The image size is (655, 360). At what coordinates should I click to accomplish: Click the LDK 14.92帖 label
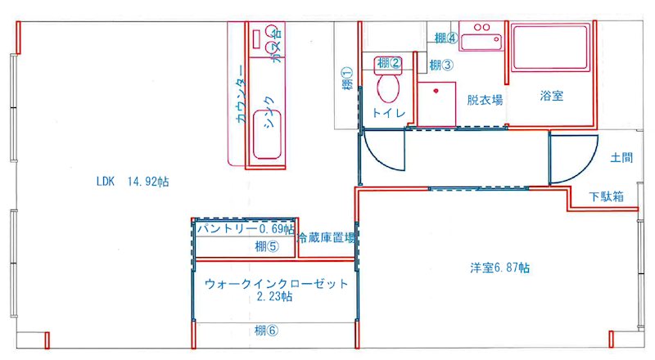[x=132, y=181]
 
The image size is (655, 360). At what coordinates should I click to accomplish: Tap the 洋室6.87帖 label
[x=499, y=268]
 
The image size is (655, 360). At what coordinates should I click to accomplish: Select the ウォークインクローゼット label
[x=276, y=284]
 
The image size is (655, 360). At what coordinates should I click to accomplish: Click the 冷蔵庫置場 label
[x=327, y=239]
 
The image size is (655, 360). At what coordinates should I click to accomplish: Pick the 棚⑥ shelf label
[x=267, y=331]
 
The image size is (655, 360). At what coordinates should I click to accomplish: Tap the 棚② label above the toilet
[x=389, y=63]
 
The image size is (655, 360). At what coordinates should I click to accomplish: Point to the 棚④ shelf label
[x=445, y=38]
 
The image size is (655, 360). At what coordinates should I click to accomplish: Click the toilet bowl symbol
[x=386, y=87]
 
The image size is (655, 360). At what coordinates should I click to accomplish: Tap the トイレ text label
[x=387, y=114]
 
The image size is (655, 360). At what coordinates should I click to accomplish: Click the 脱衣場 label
[x=485, y=99]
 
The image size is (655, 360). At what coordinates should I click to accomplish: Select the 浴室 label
[x=552, y=96]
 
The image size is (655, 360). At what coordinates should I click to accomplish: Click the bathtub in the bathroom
[x=552, y=49]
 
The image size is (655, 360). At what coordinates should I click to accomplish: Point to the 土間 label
[x=620, y=157]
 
